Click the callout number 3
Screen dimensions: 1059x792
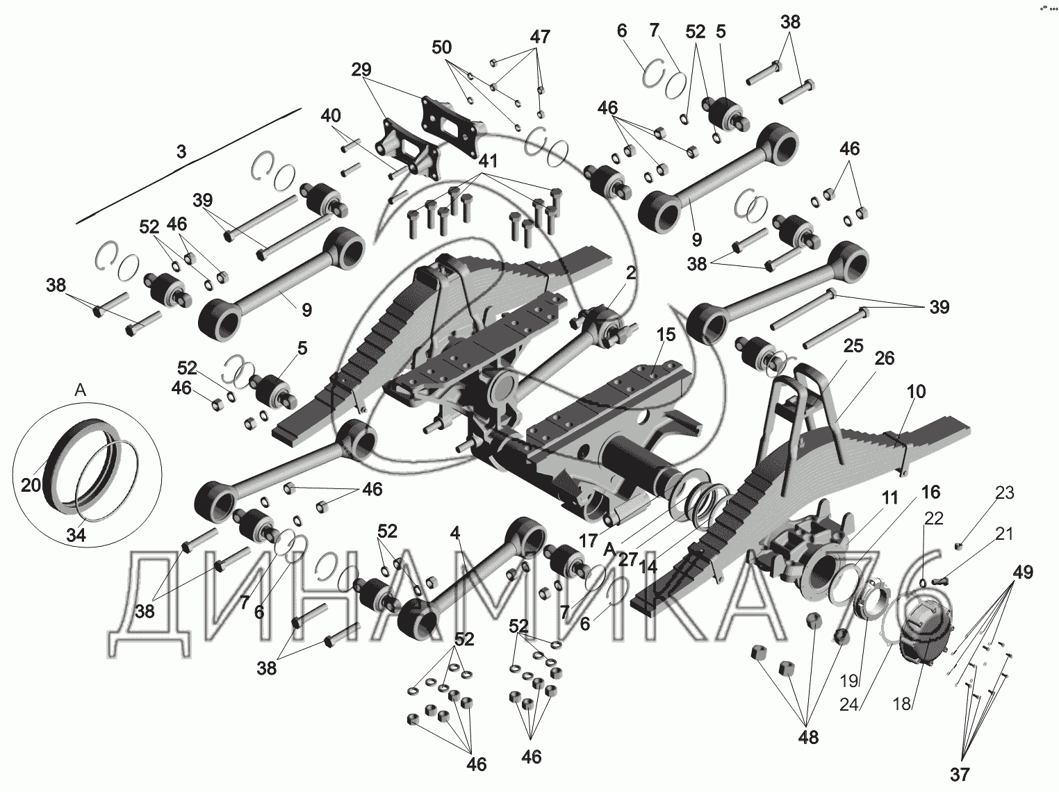(x=181, y=152)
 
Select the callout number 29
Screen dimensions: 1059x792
(x=361, y=69)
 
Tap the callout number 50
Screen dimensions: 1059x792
(x=441, y=47)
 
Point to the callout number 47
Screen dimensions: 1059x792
(x=540, y=38)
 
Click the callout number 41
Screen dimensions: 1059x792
(x=488, y=161)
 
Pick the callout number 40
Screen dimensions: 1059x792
(x=331, y=115)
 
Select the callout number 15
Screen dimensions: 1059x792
(x=665, y=335)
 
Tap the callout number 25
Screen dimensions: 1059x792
(x=853, y=345)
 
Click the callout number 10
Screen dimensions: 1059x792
(x=917, y=392)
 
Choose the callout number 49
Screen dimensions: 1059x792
(x=1022, y=573)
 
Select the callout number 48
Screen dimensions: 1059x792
(x=809, y=737)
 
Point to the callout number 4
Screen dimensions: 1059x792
(x=455, y=534)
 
